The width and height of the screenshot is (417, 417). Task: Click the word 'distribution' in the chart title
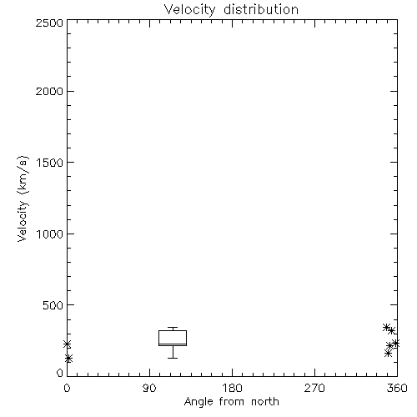pos(261,9)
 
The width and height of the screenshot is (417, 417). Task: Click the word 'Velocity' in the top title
pos(190,10)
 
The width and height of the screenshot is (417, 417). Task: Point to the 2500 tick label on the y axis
pos(49,23)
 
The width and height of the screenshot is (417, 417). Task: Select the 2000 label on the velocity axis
pos(49,91)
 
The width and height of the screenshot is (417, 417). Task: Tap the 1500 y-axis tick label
pos(50,163)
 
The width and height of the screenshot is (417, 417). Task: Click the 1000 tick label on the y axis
pos(50,234)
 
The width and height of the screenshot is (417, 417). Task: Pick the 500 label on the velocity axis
pos(53,305)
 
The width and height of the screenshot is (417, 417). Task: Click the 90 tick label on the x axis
pos(149,388)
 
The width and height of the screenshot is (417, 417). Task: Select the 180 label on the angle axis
pos(232,388)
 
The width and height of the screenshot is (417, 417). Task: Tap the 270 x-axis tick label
pos(314,388)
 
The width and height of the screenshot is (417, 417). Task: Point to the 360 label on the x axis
pos(397,388)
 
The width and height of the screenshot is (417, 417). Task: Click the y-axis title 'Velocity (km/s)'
pos(23,198)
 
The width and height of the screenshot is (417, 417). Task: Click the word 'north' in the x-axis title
pos(265,402)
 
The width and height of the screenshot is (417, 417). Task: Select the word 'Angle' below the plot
pos(198,402)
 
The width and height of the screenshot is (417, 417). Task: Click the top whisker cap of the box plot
pos(173,328)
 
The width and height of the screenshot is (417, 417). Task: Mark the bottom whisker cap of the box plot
pos(173,358)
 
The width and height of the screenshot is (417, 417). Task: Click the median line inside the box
pos(173,344)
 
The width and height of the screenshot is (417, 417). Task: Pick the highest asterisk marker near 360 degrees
pos(386,328)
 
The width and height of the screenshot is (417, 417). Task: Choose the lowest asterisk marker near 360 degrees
pos(389,354)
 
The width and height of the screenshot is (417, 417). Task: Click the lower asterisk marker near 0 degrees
pos(69,359)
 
